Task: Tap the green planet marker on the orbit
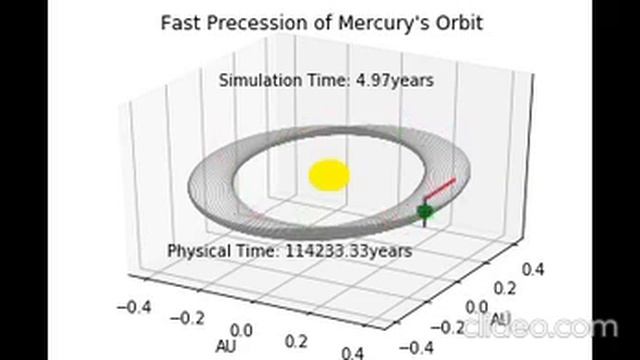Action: (426, 211)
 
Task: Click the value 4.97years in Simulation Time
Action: (391, 80)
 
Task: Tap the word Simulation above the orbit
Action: (263, 80)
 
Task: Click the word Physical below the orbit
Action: (203, 250)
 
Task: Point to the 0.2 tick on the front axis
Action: (297, 340)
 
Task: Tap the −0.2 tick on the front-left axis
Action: (187, 316)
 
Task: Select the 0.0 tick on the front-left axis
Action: (242, 330)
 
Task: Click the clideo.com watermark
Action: (560, 327)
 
